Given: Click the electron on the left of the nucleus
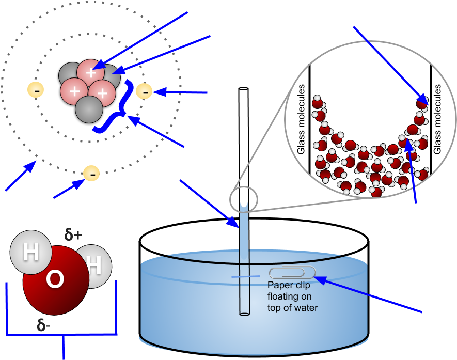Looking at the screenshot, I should (x=36, y=90).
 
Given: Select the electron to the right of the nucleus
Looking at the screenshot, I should (x=144, y=92).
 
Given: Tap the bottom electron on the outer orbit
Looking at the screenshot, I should (x=91, y=174).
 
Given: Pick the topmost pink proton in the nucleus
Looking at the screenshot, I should (x=91, y=71).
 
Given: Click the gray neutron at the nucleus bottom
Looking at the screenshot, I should (x=89, y=109).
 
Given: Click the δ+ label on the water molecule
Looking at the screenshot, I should (x=73, y=235).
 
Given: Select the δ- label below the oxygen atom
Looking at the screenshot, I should (x=43, y=325).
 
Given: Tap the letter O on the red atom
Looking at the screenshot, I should (x=54, y=279).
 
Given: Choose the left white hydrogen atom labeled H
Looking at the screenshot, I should (x=31, y=253).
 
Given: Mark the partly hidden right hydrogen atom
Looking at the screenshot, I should (x=96, y=265).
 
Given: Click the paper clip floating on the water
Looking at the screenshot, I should (x=292, y=272).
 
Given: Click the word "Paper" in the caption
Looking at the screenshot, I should (x=279, y=285).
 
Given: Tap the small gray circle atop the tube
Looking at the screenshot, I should (x=243, y=199).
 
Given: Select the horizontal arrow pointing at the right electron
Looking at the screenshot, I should (x=180, y=92).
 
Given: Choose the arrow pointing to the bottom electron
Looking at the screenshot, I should (x=68, y=190).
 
